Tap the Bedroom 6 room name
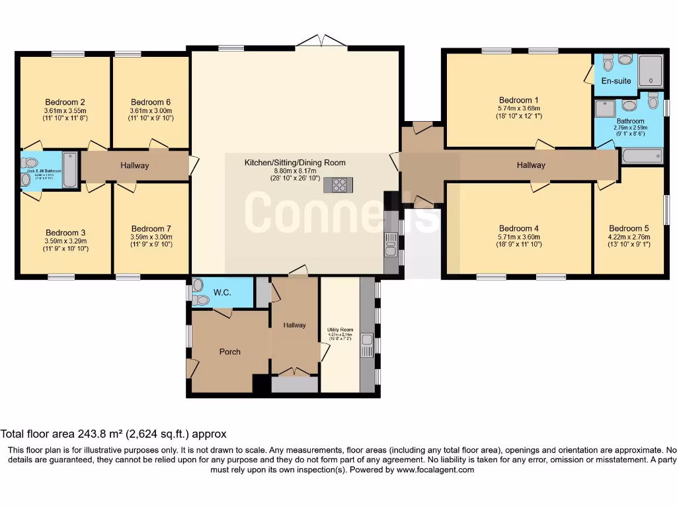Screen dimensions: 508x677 [150, 102]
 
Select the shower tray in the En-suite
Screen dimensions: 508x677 [651, 71]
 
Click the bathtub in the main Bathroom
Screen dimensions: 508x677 [641, 156]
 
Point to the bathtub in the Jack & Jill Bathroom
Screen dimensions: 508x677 [70, 170]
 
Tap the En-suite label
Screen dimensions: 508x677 [616, 81]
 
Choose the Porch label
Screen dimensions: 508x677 [230, 351]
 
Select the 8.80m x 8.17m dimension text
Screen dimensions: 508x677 [295, 170]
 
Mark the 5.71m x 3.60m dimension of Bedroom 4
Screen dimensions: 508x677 [519, 236]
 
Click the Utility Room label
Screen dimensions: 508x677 [340, 329]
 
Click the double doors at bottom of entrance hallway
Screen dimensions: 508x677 [295, 372]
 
